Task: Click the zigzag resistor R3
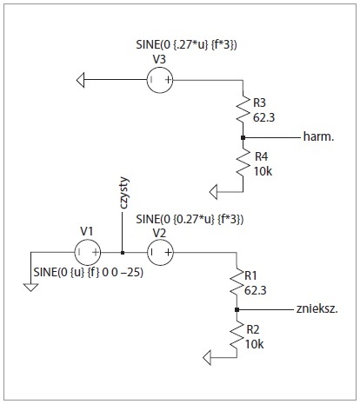point(243,109)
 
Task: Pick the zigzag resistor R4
point(243,163)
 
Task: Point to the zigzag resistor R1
point(237,281)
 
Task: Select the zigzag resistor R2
point(237,336)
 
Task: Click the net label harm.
point(318,136)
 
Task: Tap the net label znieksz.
point(317,309)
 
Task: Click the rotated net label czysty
point(124,193)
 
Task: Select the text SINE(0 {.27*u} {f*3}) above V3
point(186,44)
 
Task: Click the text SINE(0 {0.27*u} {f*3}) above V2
point(190,219)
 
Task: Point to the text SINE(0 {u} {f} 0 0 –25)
point(89,272)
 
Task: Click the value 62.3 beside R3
point(263,117)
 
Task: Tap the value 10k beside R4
point(263,171)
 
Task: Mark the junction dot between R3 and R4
point(243,138)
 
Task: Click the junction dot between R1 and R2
point(237,310)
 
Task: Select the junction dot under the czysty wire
point(123,253)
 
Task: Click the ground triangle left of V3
point(81,80)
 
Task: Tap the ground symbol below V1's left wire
point(30,288)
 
